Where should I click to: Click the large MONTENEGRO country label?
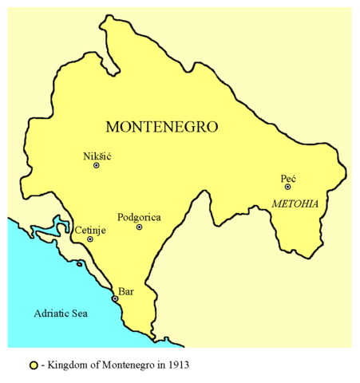pos(162,127)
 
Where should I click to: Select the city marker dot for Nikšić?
pos(97,166)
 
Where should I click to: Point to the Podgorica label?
pos(140,216)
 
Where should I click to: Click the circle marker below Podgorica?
pos(139,227)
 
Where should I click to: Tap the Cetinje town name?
pos(91,230)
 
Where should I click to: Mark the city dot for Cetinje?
pos(90,239)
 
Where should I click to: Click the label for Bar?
pos(126,291)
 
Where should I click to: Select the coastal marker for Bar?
pos(115,299)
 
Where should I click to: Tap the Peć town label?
pos(288,177)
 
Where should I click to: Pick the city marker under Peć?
pos(287,188)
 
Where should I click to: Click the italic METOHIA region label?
pos(295,204)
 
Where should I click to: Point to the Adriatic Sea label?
pos(61,314)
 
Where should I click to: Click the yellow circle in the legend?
pos(34,365)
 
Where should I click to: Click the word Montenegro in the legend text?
pos(129,365)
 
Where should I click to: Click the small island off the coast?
pos(79,263)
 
